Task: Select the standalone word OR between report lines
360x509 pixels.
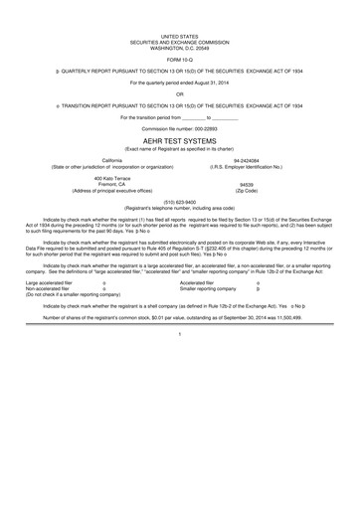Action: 180,96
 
